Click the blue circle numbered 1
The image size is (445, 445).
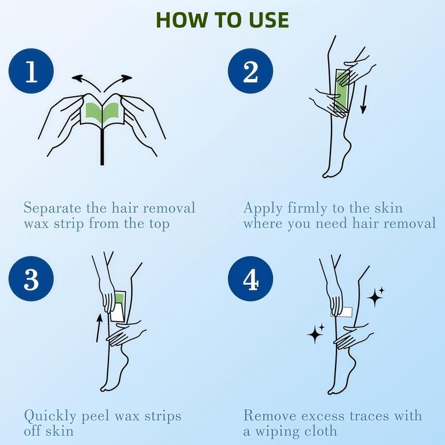(31, 71)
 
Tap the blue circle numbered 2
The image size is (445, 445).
(250, 71)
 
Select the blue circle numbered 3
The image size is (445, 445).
(31, 279)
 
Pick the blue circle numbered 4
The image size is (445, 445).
(250, 279)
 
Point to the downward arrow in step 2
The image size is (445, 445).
(364, 100)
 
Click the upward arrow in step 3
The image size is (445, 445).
(98, 328)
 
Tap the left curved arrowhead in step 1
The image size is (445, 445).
(77, 78)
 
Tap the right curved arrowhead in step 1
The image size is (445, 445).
(126, 78)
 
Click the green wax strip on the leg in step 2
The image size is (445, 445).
(343, 90)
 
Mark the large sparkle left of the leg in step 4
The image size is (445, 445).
(315, 334)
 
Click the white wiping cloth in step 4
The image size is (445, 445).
(342, 312)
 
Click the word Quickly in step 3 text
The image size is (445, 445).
(50, 416)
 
